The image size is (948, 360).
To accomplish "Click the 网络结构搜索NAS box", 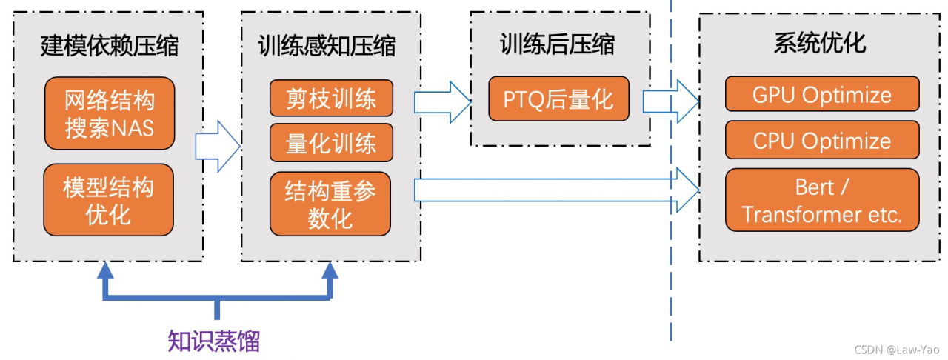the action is (x=110, y=113).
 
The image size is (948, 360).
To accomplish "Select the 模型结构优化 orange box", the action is (x=108, y=199).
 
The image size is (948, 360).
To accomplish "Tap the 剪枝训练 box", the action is (x=331, y=98).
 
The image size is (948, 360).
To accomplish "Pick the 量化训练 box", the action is (x=331, y=143).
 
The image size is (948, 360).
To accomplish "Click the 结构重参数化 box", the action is (x=330, y=204).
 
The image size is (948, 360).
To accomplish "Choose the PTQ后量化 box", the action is (x=558, y=99).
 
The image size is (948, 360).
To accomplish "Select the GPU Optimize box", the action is (x=822, y=94).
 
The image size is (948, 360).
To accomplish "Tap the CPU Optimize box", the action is (x=822, y=140).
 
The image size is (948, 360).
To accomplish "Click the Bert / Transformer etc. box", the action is (x=822, y=200).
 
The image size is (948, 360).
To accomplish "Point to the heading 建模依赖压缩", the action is (x=110, y=46).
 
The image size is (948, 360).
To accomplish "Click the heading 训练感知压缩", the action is (x=327, y=46).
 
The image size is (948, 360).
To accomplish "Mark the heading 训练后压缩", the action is (x=558, y=44).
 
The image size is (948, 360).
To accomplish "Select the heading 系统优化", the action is (x=820, y=43).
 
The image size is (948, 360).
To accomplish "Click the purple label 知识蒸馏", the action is (x=214, y=341).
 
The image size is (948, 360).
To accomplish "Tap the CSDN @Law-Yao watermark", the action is (x=897, y=350).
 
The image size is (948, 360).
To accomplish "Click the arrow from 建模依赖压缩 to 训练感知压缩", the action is (x=218, y=147).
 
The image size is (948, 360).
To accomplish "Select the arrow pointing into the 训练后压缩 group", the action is (x=443, y=102).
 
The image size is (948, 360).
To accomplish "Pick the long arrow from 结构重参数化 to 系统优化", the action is (x=556, y=190).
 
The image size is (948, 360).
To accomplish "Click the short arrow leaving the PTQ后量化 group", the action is (x=671, y=101).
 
